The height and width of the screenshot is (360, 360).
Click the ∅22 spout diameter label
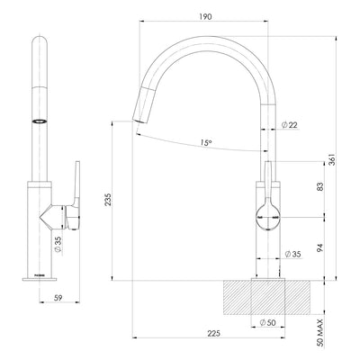pos(290,124)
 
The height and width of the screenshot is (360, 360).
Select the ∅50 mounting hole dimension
pos(267,322)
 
